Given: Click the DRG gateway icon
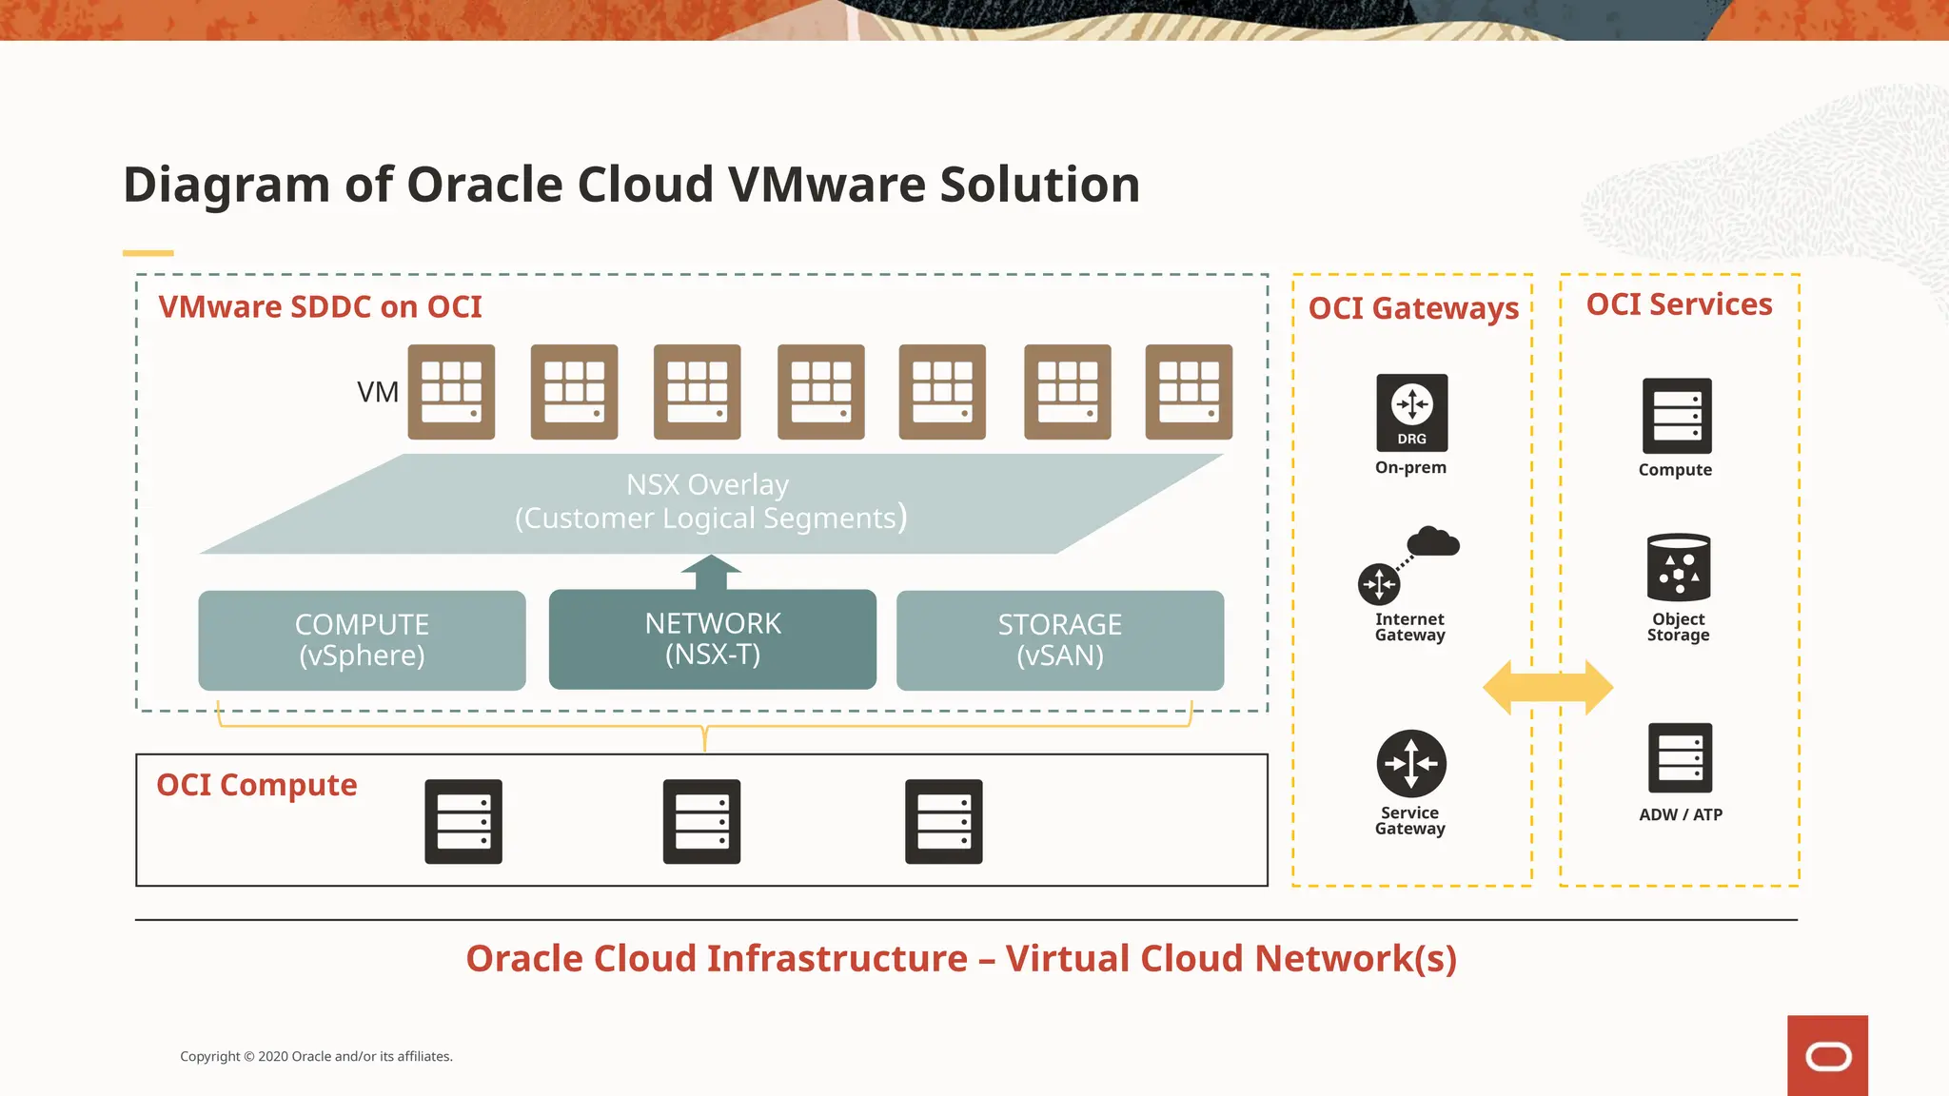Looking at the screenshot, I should (x=1411, y=412).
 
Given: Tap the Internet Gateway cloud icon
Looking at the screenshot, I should (x=1432, y=542).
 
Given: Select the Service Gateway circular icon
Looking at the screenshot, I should (x=1411, y=763).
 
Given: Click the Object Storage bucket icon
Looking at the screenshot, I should (x=1678, y=567).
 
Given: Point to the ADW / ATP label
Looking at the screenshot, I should (x=1680, y=814).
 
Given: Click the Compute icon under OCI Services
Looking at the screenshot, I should (x=1676, y=416).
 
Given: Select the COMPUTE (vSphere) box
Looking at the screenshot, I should (x=362, y=639).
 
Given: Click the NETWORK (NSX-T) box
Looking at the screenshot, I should (x=712, y=638).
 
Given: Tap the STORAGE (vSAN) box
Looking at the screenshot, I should (x=1059, y=639).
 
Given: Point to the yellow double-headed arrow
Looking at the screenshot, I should (x=1547, y=687).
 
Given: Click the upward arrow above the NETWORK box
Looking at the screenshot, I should (x=711, y=572).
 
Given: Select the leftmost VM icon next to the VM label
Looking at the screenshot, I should (x=451, y=391).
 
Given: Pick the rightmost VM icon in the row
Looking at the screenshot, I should (x=1188, y=391).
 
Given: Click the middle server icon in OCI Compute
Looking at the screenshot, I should (x=701, y=821).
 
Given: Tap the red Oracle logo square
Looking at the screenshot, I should (x=1826, y=1055).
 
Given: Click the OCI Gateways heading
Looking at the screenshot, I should (x=1413, y=308).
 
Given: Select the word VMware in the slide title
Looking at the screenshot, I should (x=826, y=184).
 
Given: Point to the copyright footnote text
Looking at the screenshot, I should (x=316, y=1056).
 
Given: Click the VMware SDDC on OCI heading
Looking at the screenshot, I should (x=320, y=307).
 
